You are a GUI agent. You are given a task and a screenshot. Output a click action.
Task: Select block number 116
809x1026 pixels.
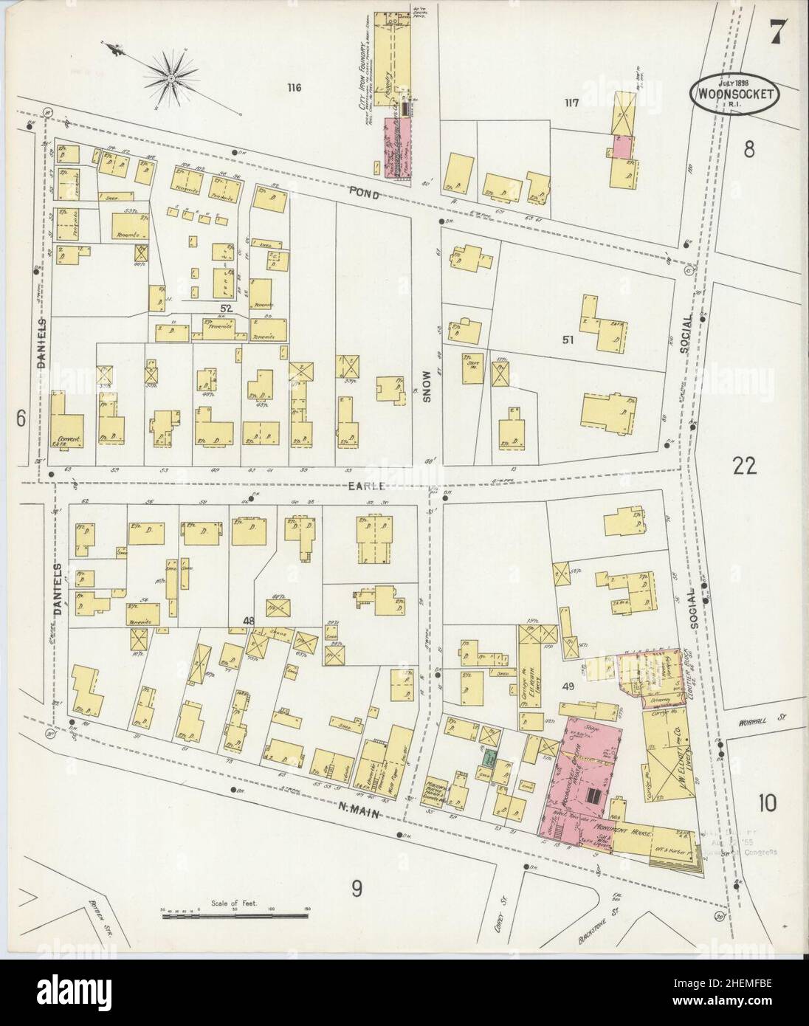pos(295,88)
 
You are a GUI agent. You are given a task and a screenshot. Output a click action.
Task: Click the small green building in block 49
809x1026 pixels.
pos(489,757)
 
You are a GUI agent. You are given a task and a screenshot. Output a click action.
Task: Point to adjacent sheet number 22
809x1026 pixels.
pos(746,466)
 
